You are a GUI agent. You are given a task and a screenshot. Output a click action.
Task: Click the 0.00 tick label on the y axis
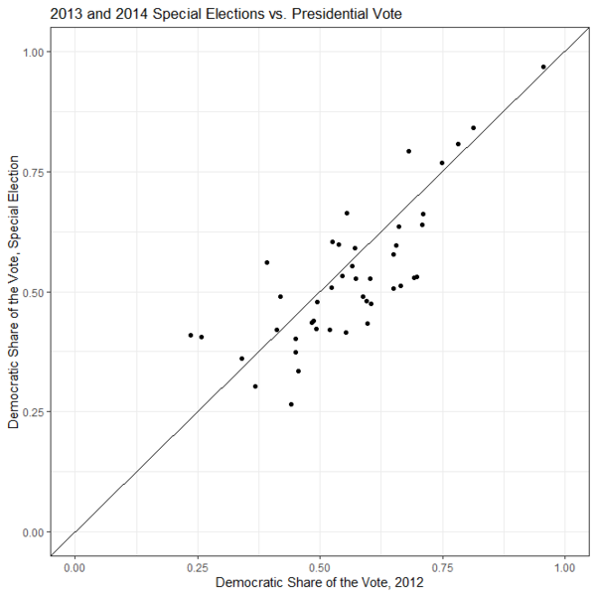(33, 532)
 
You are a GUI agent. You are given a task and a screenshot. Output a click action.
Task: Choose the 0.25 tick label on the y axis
(33, 412)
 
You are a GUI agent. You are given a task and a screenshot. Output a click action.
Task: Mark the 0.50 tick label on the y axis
(33, 292)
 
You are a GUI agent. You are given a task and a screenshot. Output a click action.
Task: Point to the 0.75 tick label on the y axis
(33, 172)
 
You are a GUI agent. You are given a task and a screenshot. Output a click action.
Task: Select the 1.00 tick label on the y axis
(33, 52)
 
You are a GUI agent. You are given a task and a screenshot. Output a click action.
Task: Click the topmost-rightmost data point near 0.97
(543, 67)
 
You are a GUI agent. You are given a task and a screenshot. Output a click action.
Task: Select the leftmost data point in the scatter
(191, 335)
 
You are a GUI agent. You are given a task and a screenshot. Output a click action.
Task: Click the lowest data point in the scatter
(291, 404)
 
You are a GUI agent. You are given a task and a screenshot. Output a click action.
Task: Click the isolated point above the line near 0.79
(408, 151)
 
